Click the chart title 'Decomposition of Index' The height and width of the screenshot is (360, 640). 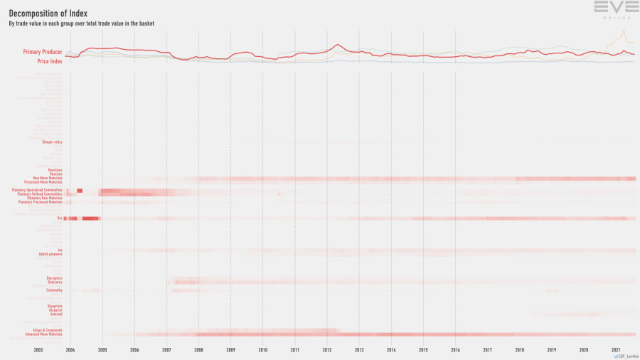48,13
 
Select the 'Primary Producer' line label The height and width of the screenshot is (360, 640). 42,52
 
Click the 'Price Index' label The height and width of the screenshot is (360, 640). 50,61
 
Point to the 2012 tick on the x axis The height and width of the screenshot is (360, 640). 327,350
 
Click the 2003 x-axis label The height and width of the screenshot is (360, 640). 38,350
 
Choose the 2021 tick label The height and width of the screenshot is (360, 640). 616,350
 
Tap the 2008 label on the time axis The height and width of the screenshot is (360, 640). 198,350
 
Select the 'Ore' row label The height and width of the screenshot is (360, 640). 60,218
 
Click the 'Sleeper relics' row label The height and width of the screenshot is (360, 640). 53,142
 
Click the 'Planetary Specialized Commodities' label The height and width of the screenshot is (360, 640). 37,190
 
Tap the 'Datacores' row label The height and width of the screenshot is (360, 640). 55,282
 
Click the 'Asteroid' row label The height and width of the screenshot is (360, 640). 55,314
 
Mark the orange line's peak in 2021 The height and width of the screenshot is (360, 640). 623,31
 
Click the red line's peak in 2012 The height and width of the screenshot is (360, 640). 337,45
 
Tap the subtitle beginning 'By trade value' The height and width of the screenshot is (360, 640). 81,23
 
